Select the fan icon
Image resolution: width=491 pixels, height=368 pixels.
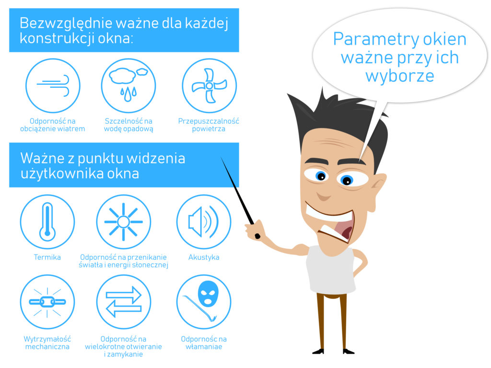[209, 85]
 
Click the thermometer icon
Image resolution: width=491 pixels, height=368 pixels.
[47, 221]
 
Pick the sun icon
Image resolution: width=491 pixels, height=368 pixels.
[123, 221]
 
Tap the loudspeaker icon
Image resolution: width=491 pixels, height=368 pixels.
[203, 221]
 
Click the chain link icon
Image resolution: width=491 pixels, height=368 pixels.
[47, 302]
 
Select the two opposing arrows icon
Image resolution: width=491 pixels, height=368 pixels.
[123, 302]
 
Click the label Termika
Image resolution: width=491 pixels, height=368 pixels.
[47, 257]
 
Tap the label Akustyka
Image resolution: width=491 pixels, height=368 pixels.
[203, 257]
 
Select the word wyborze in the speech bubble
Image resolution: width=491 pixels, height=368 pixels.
[400, 76]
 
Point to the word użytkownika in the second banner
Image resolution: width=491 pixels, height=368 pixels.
[62, 173]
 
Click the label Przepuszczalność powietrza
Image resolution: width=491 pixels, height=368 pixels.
[209, 125]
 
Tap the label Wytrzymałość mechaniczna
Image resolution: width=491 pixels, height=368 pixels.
[47, 343]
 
